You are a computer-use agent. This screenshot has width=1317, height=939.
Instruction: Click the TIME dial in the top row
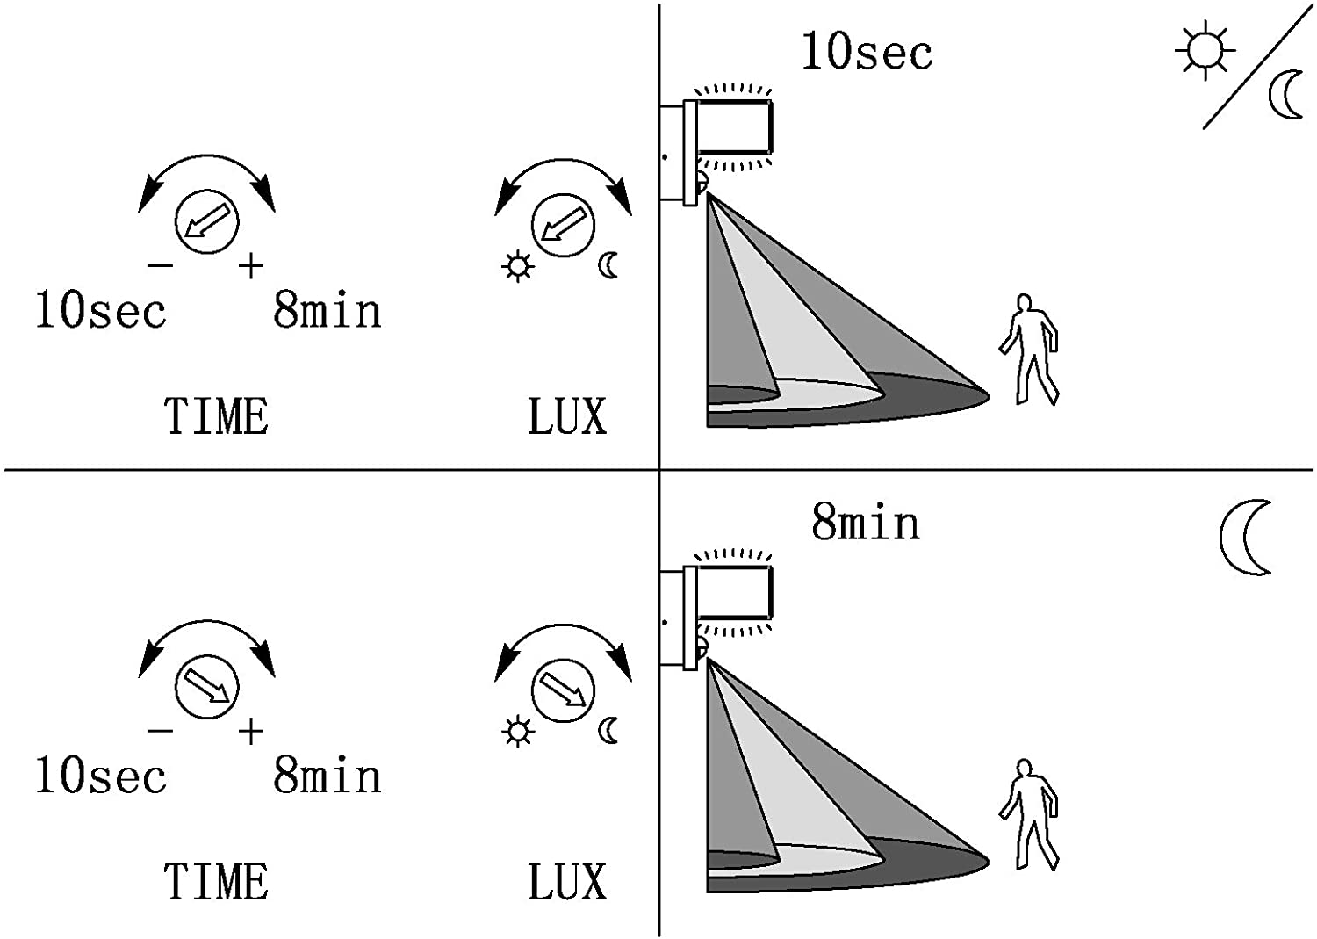[206, 222]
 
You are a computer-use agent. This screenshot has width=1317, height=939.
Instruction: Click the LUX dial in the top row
[564, 226]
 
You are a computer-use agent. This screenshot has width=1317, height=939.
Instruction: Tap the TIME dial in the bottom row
[206, 687]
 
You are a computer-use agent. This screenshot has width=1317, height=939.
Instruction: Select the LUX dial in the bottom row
[564, 690]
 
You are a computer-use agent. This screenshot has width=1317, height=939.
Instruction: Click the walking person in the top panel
[1029, 350]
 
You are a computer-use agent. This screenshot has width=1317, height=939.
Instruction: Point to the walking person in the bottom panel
[1029, 814]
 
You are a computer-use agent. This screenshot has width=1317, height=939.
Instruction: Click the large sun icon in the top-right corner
[1205, 50]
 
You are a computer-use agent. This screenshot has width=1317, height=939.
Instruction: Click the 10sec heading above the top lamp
[867, 52]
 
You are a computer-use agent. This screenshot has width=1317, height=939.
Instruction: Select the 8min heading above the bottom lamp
[866, 523]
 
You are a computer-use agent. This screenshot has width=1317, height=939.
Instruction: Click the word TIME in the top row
[216, 416]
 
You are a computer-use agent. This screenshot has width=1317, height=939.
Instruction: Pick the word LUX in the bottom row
[567, 881]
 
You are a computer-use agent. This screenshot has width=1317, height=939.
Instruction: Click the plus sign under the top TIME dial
[251, 266]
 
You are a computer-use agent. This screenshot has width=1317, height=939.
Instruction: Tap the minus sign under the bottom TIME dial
[160, 732]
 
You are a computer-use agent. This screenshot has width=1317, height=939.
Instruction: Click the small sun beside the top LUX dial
[518, 266]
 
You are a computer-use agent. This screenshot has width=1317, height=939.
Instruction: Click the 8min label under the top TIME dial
[327, 311]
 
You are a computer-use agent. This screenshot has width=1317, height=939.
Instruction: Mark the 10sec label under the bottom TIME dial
[101, 776]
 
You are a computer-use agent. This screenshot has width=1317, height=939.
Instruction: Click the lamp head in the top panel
[734, 127]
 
